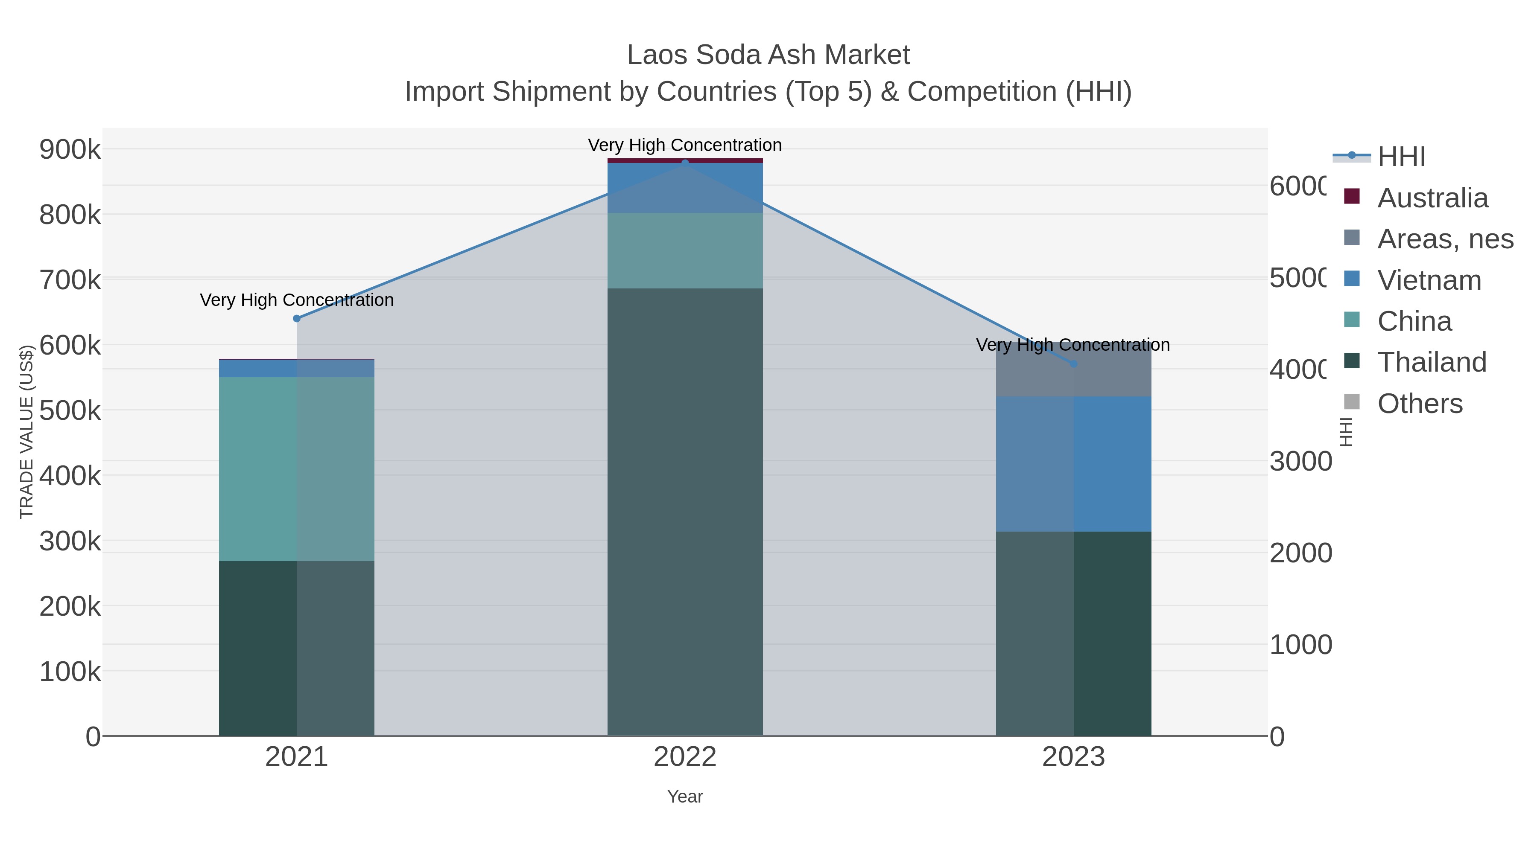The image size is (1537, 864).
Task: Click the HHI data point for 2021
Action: (297, 318)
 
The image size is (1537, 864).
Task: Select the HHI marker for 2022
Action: (685, 163)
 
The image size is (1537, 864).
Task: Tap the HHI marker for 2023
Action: (1073, 364)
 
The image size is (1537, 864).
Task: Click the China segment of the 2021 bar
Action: (297, 468)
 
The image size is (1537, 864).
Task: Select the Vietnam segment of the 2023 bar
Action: (1073, 464)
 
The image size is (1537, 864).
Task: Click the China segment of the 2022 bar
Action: (685, 250)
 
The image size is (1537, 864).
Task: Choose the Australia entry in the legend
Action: (1432, 198)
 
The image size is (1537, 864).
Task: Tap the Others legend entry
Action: (1420, 404)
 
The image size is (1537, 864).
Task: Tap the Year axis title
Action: (685, 797)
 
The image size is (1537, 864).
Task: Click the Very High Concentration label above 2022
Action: (685, 145)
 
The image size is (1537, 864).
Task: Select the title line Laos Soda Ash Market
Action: (768, 55)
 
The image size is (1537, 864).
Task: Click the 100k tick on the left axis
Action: (70, 672)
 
